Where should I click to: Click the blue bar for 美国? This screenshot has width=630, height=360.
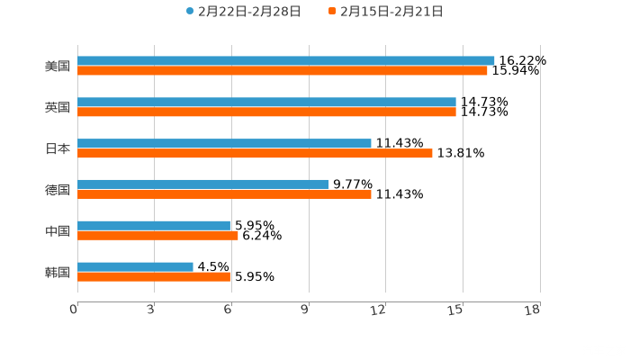(286, 60)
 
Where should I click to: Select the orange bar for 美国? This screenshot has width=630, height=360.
(283, 71)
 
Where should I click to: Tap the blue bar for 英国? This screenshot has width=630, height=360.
(266, 102)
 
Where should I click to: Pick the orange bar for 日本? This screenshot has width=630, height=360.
(255, 154)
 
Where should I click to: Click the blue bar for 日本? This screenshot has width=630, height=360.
(224, 143)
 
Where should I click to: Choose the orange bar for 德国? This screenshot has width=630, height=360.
(224, 194)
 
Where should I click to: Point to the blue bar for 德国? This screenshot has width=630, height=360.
(202, 184)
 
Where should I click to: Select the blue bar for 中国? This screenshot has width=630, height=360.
(154, 225)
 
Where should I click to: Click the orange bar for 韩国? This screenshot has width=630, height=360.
(154, 277)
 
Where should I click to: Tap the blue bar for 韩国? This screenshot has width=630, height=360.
(135, 266)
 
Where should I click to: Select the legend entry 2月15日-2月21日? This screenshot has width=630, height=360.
(391, 12)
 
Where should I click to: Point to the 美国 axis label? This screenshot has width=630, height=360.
(58, 66)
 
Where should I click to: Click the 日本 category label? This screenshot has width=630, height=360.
(58, 148)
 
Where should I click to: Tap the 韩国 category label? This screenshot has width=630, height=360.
(58, 272)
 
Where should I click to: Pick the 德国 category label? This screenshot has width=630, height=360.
(58, 190)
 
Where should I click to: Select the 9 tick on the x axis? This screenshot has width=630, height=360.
(306, 310)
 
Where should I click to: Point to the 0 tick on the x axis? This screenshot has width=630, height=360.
(75, 310)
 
